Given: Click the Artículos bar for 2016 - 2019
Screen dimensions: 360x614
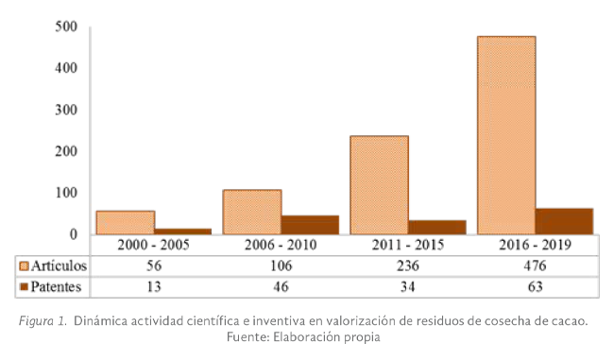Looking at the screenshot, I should click(x=506, y=135).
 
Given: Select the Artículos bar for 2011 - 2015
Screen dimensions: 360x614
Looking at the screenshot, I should click(x=380, y=185).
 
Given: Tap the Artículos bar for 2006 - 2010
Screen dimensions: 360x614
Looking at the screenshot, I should click(x=252, y=212).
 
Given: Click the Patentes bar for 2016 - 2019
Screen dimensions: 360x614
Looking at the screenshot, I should click(x=564, y=221).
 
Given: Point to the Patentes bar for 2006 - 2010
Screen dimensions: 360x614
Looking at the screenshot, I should click(x=310, y=225).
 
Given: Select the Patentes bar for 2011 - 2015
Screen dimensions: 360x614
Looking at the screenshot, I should click(x=436, y=227).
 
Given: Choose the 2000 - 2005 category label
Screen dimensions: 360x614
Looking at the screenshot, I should click(x=154, y=245).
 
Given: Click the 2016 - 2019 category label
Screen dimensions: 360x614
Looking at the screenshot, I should click(x=536, y=245).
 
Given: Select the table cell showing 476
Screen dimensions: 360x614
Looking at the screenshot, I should click(x=536, y=266).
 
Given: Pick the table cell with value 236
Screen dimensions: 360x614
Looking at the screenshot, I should click(x=408, y=266).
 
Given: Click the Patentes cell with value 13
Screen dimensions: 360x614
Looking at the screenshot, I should click(x=154, y=286).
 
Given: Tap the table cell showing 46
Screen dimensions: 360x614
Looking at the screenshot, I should click(x=281, y=286).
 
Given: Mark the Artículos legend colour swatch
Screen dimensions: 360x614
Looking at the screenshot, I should click(x=25, y=266).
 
